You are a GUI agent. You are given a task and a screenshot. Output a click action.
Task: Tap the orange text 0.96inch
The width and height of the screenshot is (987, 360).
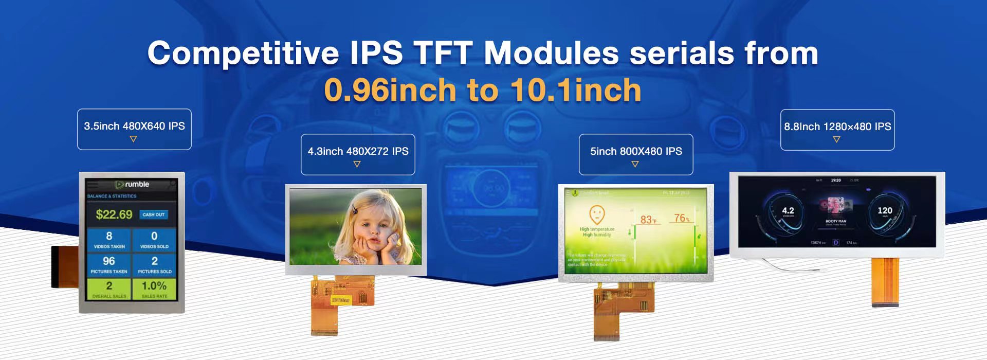pyautogui.click(x=390, y=91)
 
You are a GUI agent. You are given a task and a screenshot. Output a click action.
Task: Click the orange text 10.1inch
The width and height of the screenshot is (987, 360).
pyautogui.click(x=576, y=91)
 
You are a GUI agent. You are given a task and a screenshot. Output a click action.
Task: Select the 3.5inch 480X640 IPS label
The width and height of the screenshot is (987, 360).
pyautogui.click(x=134, y=126)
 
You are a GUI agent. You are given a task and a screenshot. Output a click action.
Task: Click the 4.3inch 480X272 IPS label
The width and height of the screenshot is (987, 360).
pyautogui.click(x=358, y=151)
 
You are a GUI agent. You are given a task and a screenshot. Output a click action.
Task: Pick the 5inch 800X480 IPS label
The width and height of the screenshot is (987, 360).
pyautogui.click(x=636, y=151)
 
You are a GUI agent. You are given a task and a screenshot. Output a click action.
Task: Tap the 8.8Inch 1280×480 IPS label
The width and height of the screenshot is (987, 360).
pyautogui.click(x=837, y=127)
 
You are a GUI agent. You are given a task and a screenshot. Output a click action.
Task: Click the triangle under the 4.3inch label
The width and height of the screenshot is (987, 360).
pyautogui.click(x=357, y=164)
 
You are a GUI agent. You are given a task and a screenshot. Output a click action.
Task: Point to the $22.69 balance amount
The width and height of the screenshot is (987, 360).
pyautogui.click(x=114, y=214)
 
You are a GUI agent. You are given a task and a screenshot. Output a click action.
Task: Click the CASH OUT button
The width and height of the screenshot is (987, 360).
pyautogui.click(x=153, y=214)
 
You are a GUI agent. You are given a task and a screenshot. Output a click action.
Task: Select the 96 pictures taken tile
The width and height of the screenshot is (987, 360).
pyautogui.click(x=109, y=264)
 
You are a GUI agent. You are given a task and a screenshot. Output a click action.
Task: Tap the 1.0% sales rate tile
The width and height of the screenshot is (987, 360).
pyautogui.click(x=154, y=289)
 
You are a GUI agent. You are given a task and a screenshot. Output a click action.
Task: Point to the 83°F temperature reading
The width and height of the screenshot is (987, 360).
pyautogui.click(x=648, y=220)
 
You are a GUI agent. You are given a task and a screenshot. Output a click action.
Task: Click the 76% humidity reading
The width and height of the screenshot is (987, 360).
pyautogui.click(x=682, y=219)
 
